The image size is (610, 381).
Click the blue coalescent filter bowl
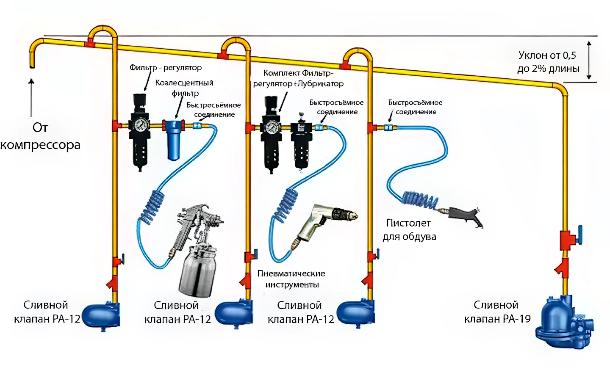[172, 141]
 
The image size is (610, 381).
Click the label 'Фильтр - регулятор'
[165, 68]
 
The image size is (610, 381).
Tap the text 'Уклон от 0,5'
[547, 55]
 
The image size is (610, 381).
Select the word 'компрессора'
[40, 145]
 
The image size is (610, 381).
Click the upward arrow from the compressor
[31, 97]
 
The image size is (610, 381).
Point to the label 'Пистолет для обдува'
[409, 229]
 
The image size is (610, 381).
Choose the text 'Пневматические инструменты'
[291, 279]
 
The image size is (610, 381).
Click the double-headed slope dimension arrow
[589, 60]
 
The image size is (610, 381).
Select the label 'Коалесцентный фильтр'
[184, 88]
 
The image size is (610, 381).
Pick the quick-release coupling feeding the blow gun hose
[388, 127]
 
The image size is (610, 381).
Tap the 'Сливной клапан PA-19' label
[497, 312]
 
